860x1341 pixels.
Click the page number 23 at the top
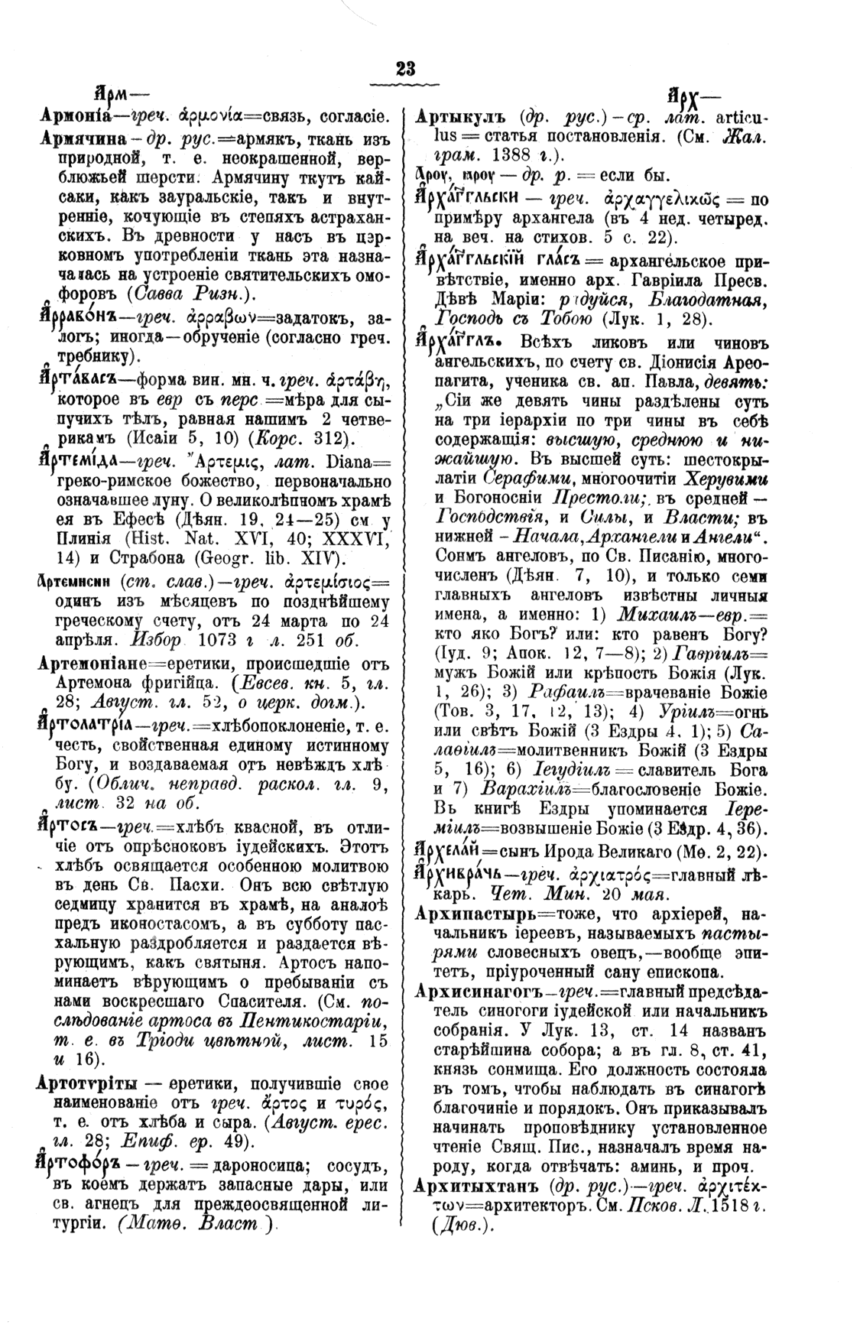405,68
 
